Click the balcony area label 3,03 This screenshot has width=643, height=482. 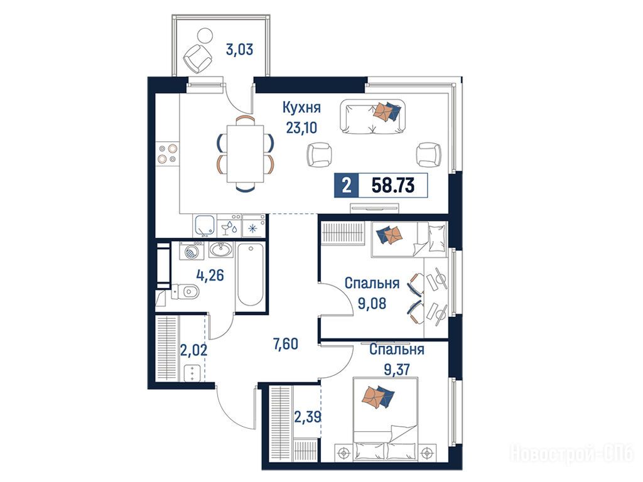(x=239, y=50)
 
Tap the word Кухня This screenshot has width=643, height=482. (x=301, y=107)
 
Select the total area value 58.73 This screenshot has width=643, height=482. (x=393, y=185)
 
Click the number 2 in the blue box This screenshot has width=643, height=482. (x=347, y=185)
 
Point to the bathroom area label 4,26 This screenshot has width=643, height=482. (x=210, y=275)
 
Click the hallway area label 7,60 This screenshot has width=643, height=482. (x=286, y=343)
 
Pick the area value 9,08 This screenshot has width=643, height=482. (x=372, y=303)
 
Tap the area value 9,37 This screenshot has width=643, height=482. (x=397, y=370)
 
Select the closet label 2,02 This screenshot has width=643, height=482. (x=193, y=350)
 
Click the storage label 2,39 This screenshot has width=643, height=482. (x=308, y=417)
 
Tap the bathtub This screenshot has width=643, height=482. (x=250, y=275)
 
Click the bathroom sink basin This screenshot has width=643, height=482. (x=221, y=249)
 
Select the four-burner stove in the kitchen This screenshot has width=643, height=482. (x=167, y=153)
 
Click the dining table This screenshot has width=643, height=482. (x=246, y=154)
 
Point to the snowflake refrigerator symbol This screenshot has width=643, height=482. (x=252, y=228)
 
